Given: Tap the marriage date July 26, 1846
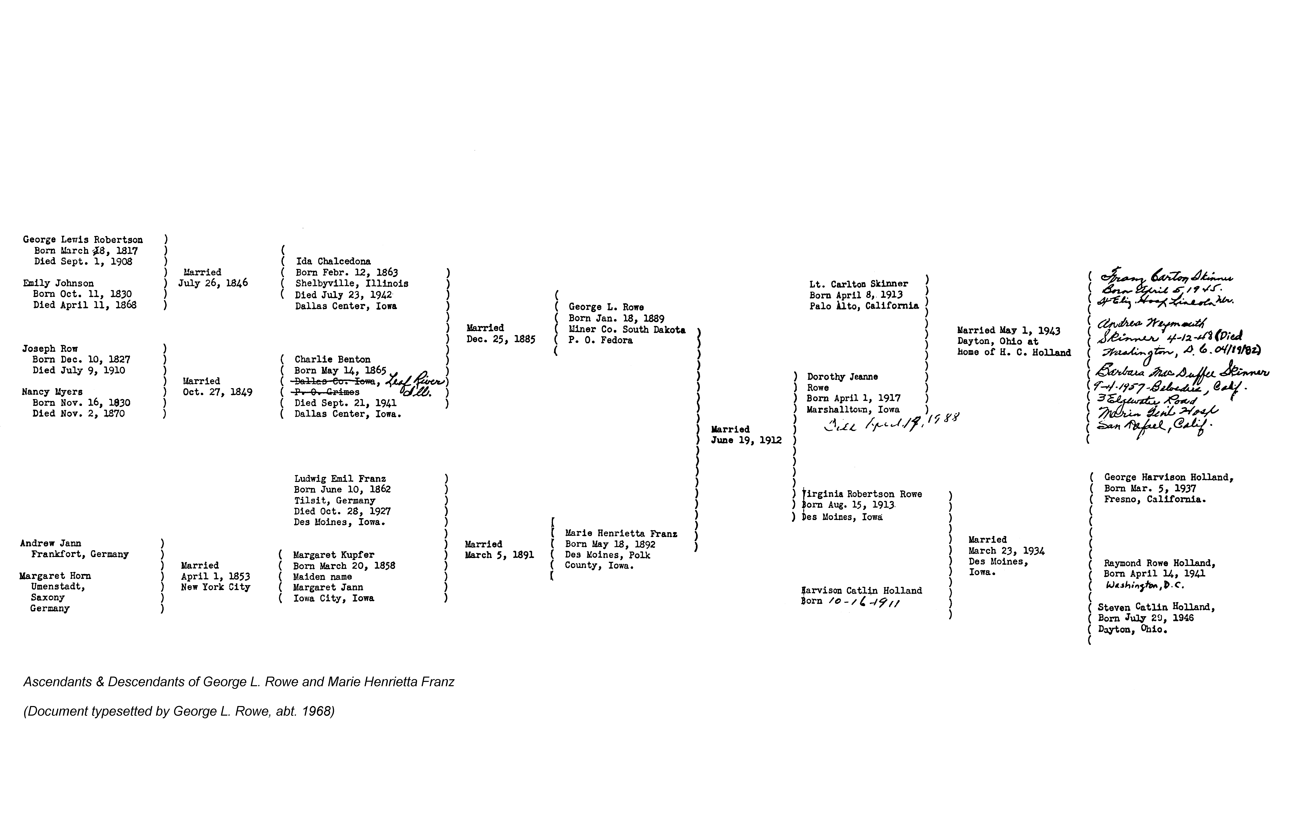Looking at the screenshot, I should point(213,283).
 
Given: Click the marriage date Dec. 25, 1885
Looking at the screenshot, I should point(501,339).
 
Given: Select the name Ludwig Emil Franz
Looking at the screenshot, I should point(340,479).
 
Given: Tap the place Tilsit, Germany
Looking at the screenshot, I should point(335,500).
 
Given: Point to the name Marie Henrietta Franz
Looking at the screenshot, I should point(621,534).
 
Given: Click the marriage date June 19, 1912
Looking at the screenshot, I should point(746,440).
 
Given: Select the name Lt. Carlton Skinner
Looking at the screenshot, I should point(859,284).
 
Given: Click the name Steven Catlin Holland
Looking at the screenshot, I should point(1156,607).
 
